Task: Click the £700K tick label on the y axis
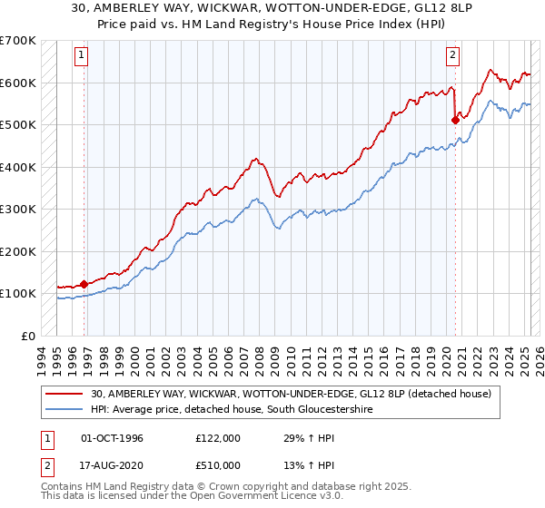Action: (x=18, y=41)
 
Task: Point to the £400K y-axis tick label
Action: (x=18, y=167)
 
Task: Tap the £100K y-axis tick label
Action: (x=18, y=293)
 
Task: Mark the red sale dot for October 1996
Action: (x=84, y=284)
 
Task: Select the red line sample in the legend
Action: (x=66, y=394)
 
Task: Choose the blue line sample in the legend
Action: (x=66, y=410)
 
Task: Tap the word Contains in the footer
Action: (x=65, y=488)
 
